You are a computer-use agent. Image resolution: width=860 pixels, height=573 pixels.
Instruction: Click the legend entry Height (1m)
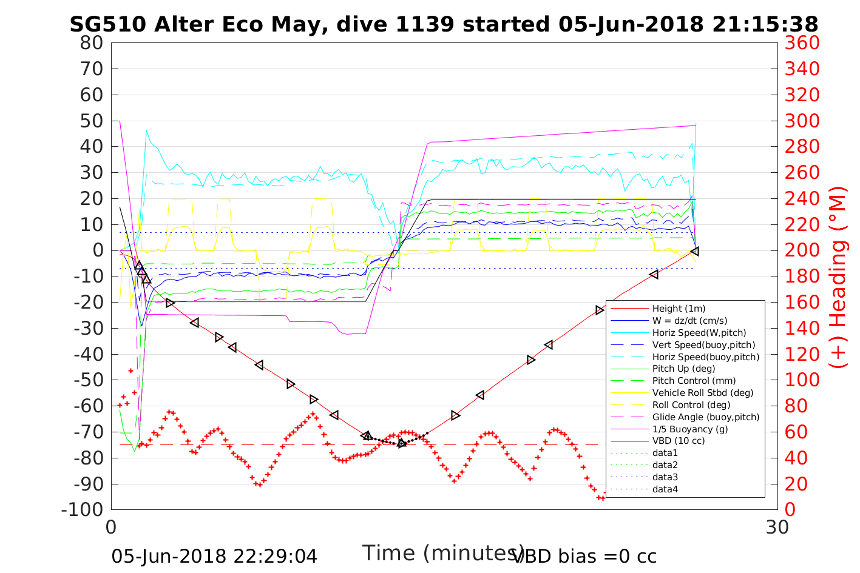click(x=679, y=309)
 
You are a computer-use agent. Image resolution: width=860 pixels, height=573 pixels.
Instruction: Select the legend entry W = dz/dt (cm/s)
click(x=689, y=321)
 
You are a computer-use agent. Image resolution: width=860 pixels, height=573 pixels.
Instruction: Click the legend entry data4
click(x=665, y=489)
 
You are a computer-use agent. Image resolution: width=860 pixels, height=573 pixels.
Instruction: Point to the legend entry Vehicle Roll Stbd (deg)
click(x=703, y=393)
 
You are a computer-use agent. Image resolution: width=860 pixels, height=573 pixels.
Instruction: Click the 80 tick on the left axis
click(x=92, y=43)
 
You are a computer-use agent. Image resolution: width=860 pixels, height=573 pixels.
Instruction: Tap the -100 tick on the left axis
click(x=83, y=510)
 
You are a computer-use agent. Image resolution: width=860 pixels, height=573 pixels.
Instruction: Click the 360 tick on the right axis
click(x=802, y=43)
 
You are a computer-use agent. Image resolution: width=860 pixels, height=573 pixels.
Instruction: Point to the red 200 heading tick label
click(x=802, y=250)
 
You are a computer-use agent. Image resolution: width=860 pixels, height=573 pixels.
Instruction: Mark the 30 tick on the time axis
click(x=777, y=527)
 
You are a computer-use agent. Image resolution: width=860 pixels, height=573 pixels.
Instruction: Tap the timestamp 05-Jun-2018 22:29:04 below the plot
click(x=214, y=556)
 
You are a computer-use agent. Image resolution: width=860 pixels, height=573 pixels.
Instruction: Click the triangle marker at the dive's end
click(x=695, y=251)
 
